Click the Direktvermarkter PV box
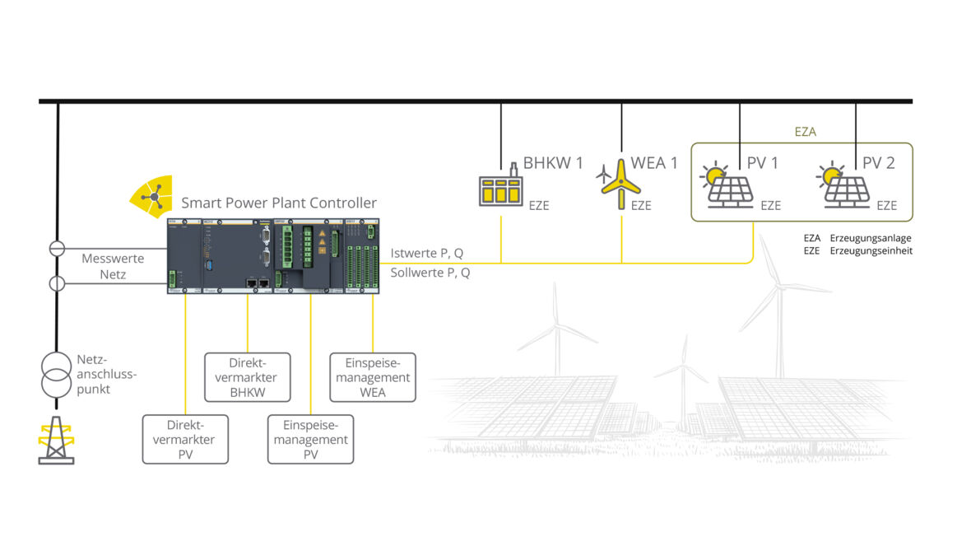185,440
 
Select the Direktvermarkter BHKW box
247,377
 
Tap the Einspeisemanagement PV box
310,440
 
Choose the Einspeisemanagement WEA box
373,377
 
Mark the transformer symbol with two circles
56,374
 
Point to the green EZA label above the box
805,131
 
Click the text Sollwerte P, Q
430,273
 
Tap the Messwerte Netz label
113,266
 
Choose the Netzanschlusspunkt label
105,374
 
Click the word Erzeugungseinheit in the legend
870,250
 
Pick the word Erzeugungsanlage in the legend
870,238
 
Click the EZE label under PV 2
886,206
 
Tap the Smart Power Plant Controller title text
279,203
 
